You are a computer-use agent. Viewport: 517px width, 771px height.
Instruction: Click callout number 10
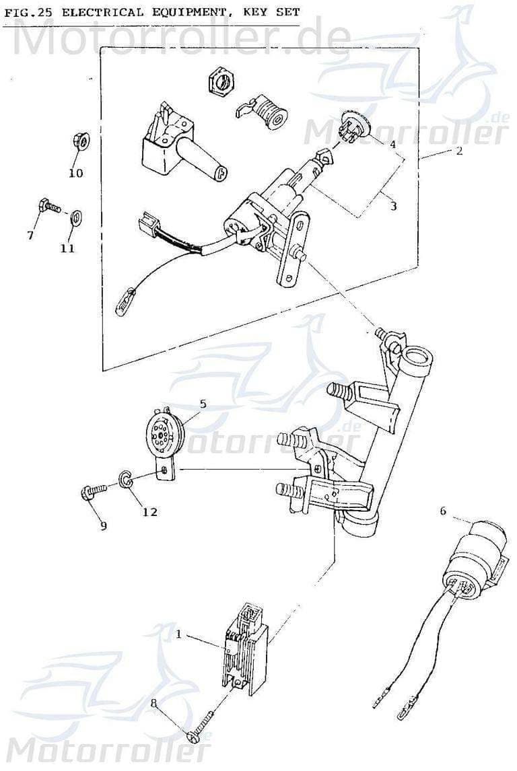(75, 173)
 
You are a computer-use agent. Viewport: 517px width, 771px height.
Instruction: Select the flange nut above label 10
(77, 143)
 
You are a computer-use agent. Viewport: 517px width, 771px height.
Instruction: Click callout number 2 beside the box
(458, 151)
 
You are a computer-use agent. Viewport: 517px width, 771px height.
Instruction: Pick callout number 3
(393, 206)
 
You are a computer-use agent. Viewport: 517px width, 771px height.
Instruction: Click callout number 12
(149, 512)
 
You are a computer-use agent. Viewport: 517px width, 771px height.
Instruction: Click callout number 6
(443, 511)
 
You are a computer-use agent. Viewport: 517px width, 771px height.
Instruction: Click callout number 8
(153, 703)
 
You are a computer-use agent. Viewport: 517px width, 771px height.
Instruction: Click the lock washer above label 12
(125, 478)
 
